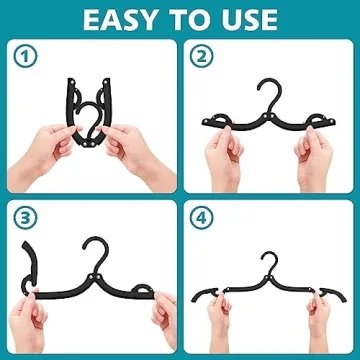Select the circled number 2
201,56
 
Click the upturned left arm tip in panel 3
27,256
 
